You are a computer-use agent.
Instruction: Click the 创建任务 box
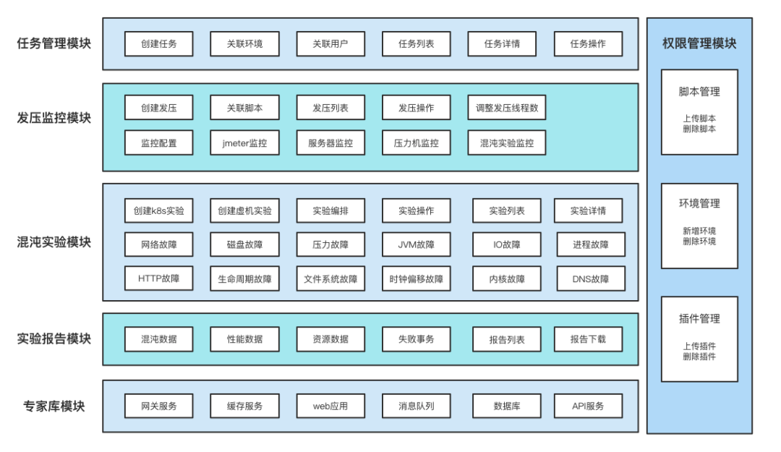158,44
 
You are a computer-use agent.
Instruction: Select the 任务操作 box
588,44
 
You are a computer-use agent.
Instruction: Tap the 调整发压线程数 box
506,108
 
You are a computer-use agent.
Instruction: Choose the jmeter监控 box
244,143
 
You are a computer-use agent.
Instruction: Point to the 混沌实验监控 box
506,143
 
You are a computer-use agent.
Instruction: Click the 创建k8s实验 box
158,211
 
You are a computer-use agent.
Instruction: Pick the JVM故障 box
417,244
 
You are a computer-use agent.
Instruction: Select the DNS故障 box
590,278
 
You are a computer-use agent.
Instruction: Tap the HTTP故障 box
158,278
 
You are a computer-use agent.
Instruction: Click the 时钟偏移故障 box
417,278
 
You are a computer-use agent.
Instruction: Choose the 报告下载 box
588,339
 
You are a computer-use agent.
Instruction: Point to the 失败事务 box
417,339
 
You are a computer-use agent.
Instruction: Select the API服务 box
588,406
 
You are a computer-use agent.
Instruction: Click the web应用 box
330,406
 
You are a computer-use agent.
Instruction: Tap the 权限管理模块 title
699,43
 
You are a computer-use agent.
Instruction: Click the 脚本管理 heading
699,92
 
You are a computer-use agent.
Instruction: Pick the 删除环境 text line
699,242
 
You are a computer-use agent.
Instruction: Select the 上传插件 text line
699,346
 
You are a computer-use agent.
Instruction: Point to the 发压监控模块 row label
54,118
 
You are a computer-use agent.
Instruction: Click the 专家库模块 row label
54,406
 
